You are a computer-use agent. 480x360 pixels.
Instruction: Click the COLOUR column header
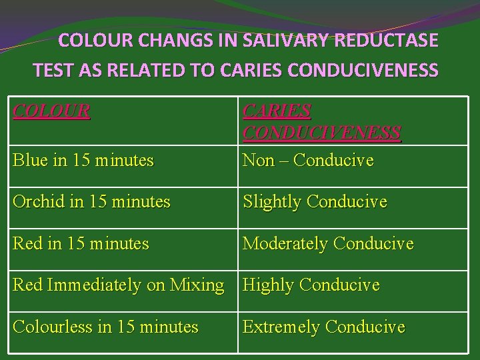[x=52, y=111]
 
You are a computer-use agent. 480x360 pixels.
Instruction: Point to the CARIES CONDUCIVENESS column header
[x=321, y=121]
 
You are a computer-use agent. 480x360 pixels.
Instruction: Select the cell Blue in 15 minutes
[x=83, y=161]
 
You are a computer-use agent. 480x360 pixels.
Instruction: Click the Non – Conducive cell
[x=308, y=161]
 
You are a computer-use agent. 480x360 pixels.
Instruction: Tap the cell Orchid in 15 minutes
[x=92, y=201]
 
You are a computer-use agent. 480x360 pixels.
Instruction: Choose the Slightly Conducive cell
[x=315, y=201]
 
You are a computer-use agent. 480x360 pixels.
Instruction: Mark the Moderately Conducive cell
[x=328, y=244]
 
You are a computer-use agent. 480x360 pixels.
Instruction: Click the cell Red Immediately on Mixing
[x=119, y=285]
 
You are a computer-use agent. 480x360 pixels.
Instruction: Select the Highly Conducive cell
[x=311, y=285]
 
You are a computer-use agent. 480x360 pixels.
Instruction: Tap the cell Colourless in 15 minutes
[x=105, y=327]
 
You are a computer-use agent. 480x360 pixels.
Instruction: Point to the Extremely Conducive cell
[x=324, y=327]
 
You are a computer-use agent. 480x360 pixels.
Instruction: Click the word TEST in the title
[x=52, y=69]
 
